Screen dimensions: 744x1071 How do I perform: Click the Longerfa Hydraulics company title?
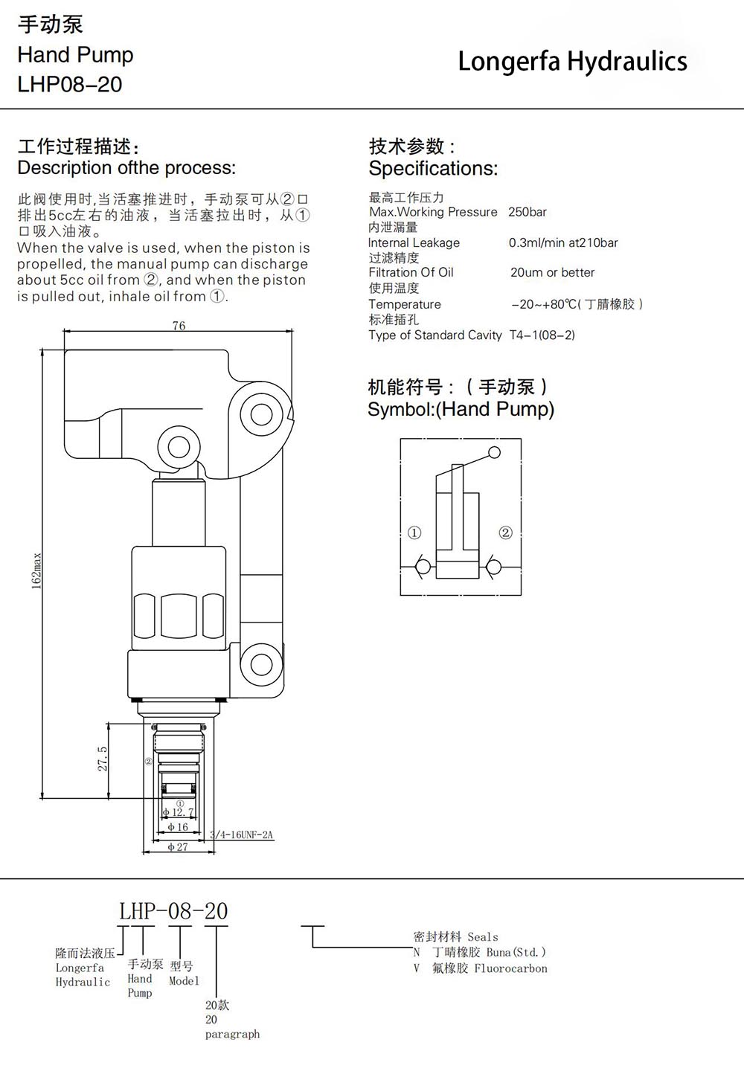click(572, 62)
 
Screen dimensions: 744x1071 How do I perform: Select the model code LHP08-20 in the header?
click(70, 84)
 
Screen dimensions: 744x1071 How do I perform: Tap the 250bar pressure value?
click(527, 212)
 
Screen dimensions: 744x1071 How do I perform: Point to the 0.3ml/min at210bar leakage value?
click(563, 243)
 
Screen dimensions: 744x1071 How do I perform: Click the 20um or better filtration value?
click(552, 272)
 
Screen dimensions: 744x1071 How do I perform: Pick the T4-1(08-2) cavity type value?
click(542, 335)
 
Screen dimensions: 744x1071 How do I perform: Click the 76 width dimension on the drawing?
click(179, 326)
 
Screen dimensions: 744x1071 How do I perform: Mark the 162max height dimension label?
click(36, 571)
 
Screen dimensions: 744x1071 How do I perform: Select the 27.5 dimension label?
click(103, 759)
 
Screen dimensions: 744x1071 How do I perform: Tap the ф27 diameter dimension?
click(178, 846)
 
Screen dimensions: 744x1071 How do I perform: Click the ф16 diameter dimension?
click(178, 827)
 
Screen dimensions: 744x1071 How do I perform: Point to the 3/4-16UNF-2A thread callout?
click(242, 834)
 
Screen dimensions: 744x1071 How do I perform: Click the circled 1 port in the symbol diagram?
click(414, 533)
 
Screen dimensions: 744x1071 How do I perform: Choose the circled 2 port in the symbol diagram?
click(505, 533)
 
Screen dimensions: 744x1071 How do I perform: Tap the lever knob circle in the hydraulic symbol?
click(495, 452)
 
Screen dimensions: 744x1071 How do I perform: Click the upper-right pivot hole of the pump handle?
click(262, 414)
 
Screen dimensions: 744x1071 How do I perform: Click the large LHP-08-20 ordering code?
click(173, 911)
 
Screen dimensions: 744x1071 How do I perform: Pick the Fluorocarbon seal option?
click(510, 968)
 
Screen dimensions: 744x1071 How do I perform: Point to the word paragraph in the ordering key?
click(232, 1034)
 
